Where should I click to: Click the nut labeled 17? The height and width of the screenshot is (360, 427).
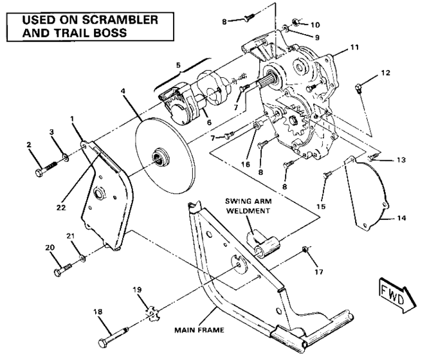tap(307, 249)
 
